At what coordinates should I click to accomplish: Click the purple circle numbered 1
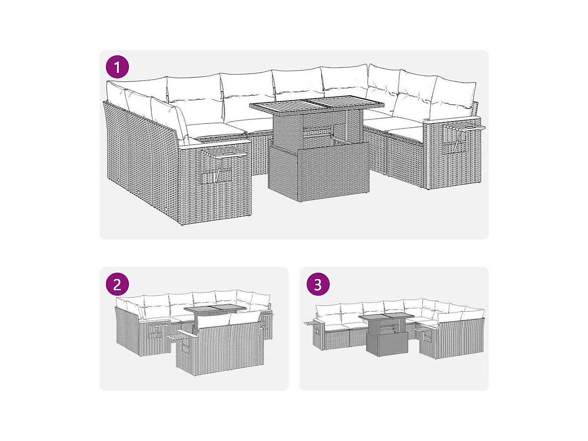coord(117,67)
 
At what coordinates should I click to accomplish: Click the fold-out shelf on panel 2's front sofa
coord(175,337)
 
